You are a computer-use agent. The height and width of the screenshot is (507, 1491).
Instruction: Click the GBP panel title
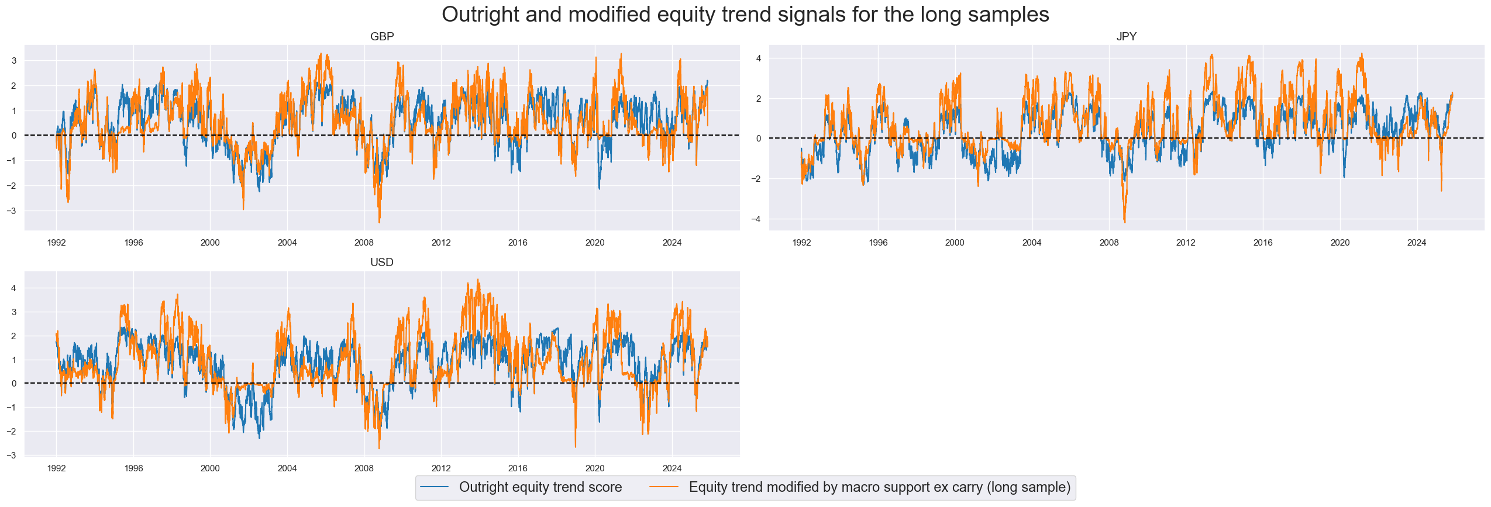tap(382, 36)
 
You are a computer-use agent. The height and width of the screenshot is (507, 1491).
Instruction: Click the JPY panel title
tap(1126, 36)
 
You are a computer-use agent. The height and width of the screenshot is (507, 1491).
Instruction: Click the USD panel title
tap(381, 262)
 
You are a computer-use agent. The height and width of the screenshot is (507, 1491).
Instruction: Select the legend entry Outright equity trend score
tap(540, 487)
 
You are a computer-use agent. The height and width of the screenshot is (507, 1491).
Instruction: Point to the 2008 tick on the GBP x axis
tap(364, 243)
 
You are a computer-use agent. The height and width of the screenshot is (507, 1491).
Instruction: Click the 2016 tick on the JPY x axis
tap(1262, 243)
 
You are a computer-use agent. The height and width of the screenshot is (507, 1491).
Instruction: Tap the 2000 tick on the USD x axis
tap(210, 468)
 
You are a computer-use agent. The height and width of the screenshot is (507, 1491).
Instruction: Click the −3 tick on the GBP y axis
tap(14, 211)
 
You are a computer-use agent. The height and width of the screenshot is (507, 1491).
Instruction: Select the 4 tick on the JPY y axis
tap(759, 58)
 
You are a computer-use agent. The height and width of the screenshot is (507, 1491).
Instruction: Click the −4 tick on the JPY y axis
tap(757, 219)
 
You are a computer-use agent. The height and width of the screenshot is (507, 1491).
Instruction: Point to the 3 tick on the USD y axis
tap(14, 312)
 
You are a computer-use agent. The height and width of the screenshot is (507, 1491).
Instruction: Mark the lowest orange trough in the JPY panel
tap(1124, 222)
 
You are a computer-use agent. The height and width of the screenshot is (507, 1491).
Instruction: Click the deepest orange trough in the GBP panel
tap(379, 222)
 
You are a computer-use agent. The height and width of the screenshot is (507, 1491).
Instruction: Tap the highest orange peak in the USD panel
tap(478, 280)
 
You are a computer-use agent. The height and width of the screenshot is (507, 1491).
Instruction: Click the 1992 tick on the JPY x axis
tap(801, 243)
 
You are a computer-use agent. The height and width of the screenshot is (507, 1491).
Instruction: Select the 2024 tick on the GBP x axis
tap(672, 243)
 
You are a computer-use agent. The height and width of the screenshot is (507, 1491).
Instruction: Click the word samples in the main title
tap(1011, 15)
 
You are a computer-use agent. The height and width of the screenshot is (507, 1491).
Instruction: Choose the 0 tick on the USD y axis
tap(14, 384)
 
